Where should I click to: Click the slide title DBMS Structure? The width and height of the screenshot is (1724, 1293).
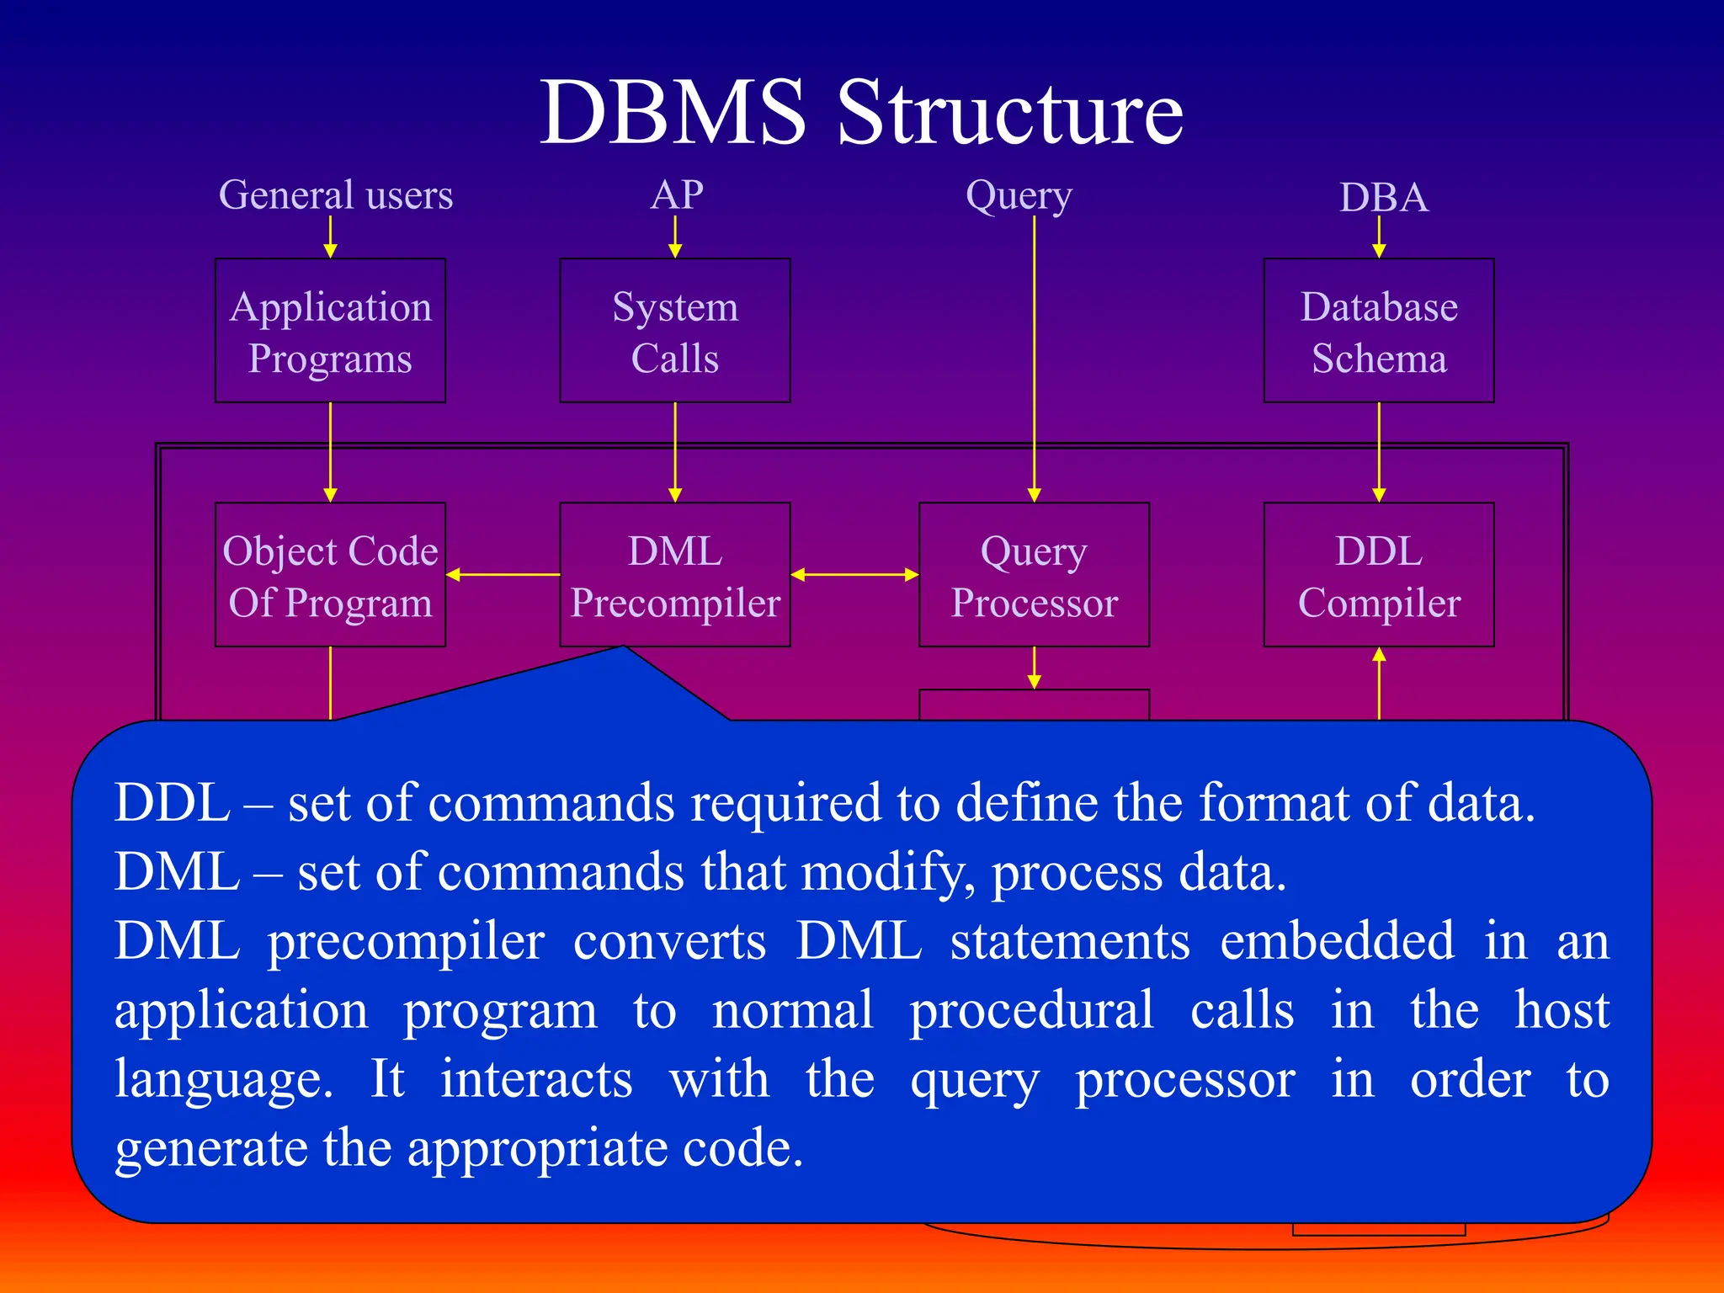point(861,114)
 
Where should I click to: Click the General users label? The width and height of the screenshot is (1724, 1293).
point(336,195)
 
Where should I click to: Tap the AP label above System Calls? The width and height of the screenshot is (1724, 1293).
point(677,195)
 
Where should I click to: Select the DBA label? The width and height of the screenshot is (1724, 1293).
point(1383,198)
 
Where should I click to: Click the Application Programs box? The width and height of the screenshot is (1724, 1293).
point(330,331)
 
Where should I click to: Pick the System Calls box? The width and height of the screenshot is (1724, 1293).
point(675,331)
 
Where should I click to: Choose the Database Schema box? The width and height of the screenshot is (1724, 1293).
point(1379,331)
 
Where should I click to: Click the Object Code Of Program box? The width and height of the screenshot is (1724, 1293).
point(330,575)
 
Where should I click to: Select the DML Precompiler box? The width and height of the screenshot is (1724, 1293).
point(675,575)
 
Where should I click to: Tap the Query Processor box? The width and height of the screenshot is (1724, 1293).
point(1034,575)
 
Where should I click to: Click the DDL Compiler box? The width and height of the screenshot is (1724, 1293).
point(1379,575)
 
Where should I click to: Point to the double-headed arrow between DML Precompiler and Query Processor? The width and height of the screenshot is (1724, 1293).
point(854,575)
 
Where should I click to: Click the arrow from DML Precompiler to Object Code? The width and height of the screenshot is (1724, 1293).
point(503,575)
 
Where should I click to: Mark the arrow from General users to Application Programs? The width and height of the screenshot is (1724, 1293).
point(330,237)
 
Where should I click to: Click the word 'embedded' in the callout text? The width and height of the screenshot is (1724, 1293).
point(1337,940)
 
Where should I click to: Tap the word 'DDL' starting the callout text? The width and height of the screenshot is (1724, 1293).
point(173,802)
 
